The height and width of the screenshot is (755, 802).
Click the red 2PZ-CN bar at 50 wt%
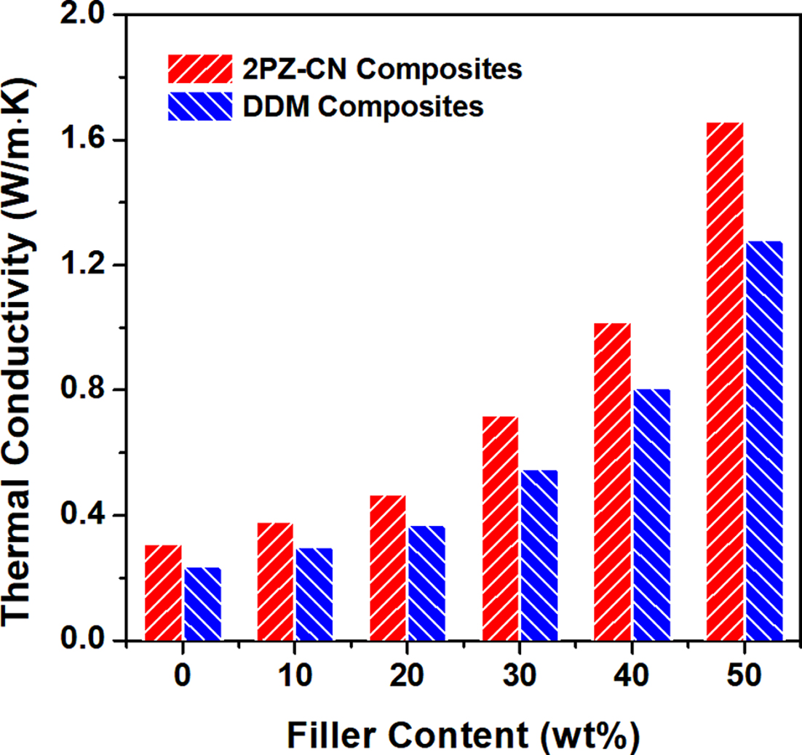click(x=725, y=382)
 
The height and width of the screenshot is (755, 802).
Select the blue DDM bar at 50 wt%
click(x=763, y=441)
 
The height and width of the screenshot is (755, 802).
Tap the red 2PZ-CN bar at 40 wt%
click(x=612, y=482)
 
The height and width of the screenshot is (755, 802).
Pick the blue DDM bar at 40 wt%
click(x=651, y=515)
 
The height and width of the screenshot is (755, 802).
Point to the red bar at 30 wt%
click(x=500, y=529)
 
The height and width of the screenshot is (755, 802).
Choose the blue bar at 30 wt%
click(x=539, y=556)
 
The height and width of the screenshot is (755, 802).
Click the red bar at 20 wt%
click(x=388, y=568)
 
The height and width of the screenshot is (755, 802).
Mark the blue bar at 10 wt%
click(x=314, y=594)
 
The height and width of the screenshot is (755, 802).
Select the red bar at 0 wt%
click(x=163, y=593)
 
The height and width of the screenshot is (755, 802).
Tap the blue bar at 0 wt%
click(x=202, y=604)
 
